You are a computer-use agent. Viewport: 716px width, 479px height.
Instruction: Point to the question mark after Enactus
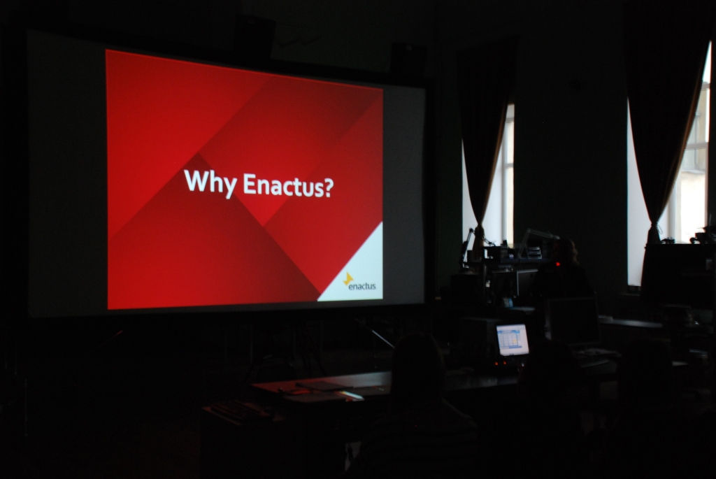click(x=329, y=187)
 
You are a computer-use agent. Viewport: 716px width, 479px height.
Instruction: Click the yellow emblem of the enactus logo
click(x=348, y=278)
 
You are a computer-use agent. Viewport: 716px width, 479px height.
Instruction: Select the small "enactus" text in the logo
click(x=361, y=287)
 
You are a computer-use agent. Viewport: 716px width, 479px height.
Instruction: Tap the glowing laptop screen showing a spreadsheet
click(x=513, y=339)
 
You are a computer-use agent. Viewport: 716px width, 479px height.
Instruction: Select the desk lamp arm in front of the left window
click(x=466, y=244)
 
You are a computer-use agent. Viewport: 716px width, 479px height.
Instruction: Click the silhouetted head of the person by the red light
click(x=564, y=250)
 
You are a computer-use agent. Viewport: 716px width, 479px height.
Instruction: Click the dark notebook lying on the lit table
click(x=319, y=385)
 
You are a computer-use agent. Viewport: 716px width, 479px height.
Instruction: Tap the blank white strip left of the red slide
click(x=67, y=173)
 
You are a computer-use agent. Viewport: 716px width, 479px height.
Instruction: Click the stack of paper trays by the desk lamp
click(x=534, y=252)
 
